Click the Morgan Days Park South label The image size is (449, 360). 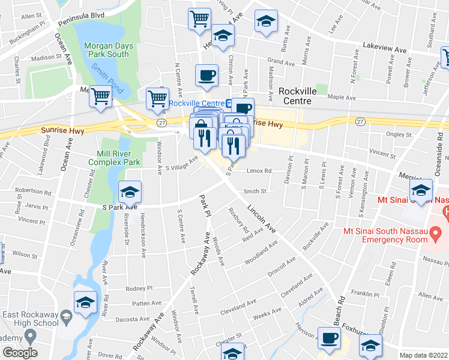pos(106,50)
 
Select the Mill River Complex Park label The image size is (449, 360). pos(114,157)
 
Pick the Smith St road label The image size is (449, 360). pos(255,192)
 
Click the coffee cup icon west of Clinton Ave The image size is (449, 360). pos(207,76)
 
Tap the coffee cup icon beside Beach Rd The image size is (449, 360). pos(328,338)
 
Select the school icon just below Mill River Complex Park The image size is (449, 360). pos(129,193)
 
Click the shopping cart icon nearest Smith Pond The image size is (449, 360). pos(101,96)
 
